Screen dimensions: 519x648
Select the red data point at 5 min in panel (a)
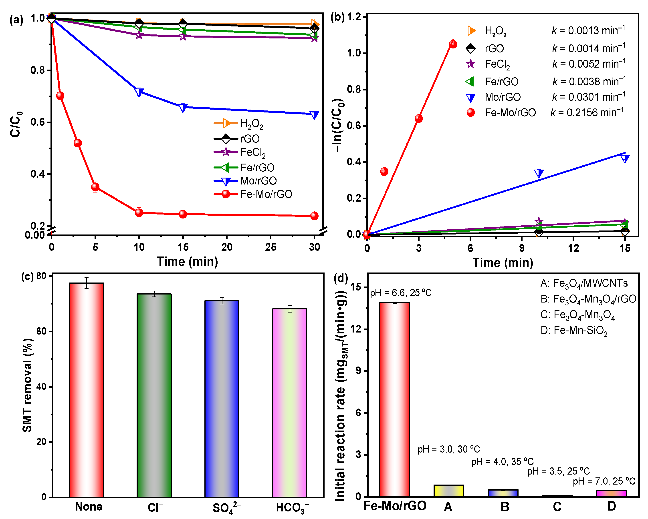(95, 187)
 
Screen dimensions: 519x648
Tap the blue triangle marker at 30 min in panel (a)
(314, 114)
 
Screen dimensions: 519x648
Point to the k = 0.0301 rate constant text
(588, 97)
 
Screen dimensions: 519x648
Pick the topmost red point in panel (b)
(453, 44)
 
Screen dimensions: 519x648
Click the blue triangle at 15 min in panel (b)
(625, 158)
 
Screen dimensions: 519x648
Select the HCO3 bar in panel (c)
(289, 403)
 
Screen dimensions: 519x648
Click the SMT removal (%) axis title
(27, 385)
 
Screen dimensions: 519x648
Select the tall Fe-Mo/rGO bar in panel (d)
(394, 399)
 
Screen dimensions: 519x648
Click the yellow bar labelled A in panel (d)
(448, 491)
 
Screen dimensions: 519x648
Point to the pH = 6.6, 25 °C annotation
(401, 293)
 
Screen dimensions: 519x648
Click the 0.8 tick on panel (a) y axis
(38, 70)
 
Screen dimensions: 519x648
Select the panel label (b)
(337, 17)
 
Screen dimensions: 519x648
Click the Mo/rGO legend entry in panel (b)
(503, 97)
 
